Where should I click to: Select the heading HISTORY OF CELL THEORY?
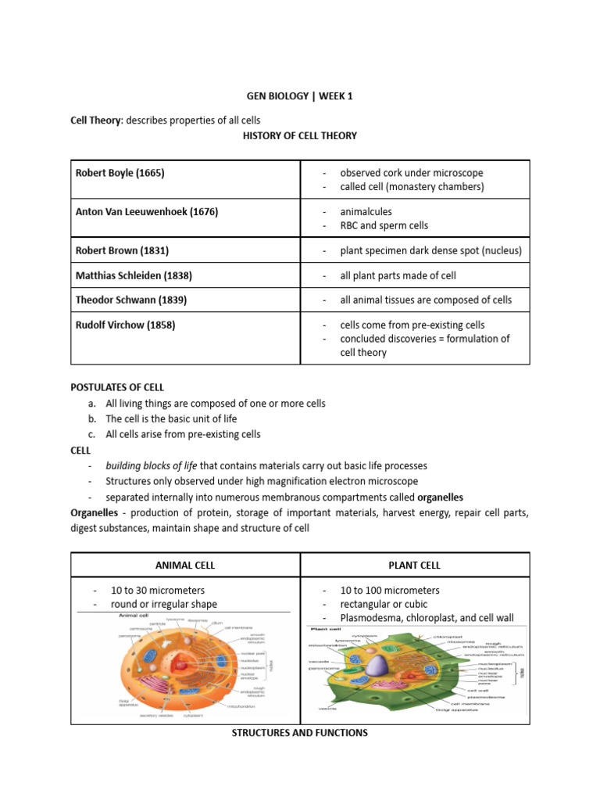pos(300,135)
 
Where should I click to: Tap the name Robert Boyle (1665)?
pos(120,173)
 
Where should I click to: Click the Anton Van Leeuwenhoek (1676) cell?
pos(147,212)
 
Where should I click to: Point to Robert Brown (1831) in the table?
pos(122,251)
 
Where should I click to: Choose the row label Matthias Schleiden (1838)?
pos(134,275)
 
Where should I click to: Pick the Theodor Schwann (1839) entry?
pos(130,300)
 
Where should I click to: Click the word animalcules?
pos(366,211)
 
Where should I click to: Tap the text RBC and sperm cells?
pos(384,225)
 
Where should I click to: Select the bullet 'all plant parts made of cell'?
pos(398,275)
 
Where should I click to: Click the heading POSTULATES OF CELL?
pos(117,387)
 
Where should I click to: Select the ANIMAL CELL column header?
pos(185,565)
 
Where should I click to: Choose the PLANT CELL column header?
pos(415,565)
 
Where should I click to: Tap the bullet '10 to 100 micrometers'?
pos(389,590)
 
